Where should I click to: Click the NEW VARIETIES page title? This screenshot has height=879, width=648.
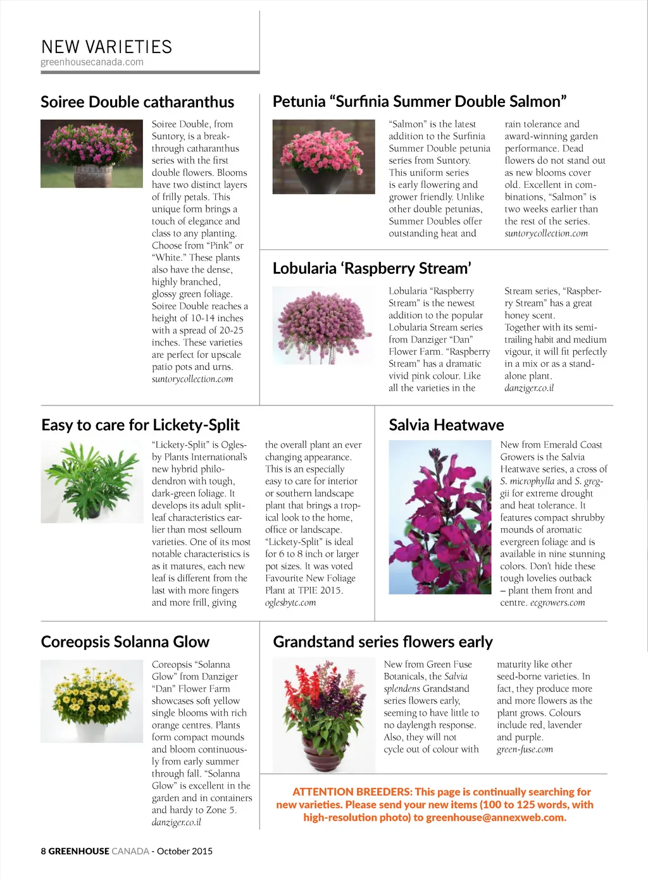[106, 47]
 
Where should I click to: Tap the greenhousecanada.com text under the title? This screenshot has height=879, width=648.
[92, 62]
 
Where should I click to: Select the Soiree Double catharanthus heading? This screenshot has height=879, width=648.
[137, 102]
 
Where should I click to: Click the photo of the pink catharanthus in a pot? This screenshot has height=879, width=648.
[91, 154]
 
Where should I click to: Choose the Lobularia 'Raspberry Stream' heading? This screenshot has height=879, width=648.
[371, 268]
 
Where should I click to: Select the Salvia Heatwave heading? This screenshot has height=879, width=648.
[446, 425]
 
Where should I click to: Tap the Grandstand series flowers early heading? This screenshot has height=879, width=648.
[382, 642]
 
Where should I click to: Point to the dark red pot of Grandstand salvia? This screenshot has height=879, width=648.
[323, 754]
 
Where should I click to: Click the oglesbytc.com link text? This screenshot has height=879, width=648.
[290, 603]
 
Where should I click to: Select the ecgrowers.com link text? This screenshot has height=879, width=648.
[558, 603]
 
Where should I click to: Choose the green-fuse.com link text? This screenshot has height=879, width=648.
[525, 749]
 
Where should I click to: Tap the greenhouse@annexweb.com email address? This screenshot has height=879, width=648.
[495, 817]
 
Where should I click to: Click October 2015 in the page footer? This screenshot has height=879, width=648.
[185, 851]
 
